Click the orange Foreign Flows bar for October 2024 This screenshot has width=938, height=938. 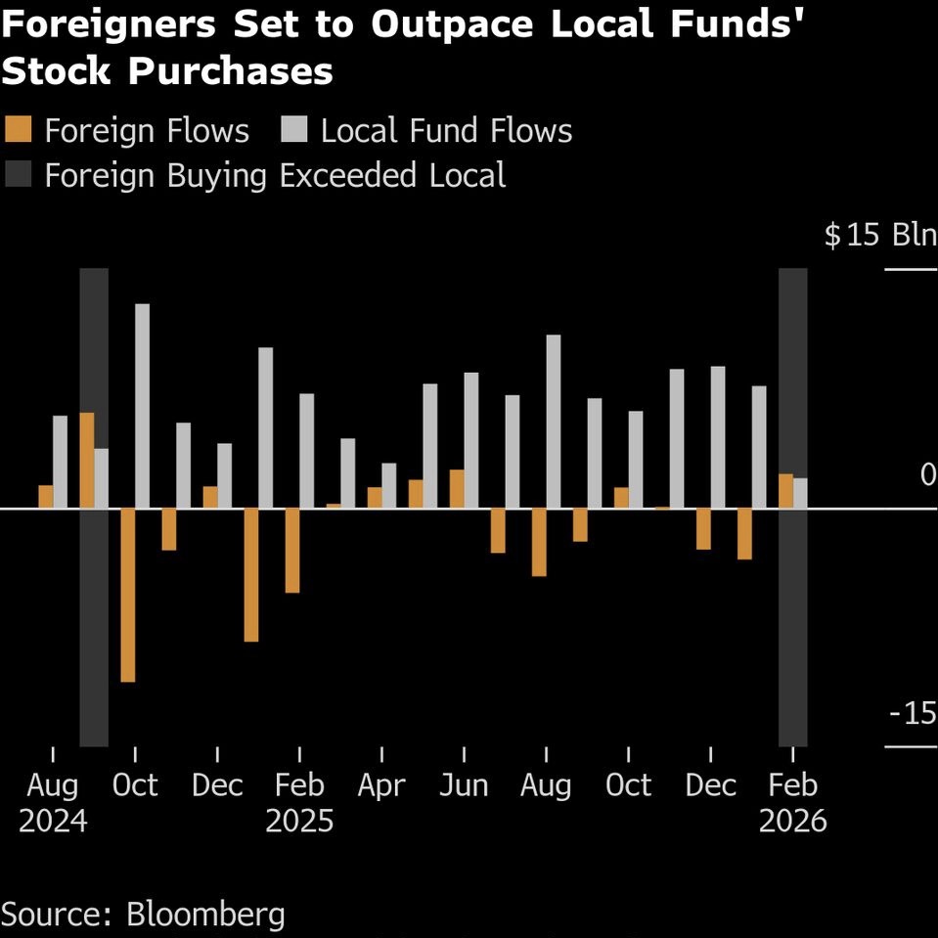pyautogui.click(x=127, y=595)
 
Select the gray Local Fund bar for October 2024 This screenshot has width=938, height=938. pyautogui.click(x=143, y=406)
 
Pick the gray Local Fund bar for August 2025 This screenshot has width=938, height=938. pyautogui.click(x=554, y=422)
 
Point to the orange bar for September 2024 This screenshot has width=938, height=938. pyautogui.click(x=87, y=460)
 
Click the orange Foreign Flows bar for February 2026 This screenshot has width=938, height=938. pyautogui.click(x=785, y=491)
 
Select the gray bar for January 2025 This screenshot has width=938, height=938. pyautogui.click(x=266, y=427)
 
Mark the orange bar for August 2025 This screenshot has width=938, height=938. pyautogui.click(x=539, y=542)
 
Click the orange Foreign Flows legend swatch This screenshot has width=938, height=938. pyautogui.click(x=19, y=131)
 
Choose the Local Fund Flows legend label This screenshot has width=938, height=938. pyautogui.click(x=446, y=131)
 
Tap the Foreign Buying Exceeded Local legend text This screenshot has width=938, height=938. pyautogui.click(x=275, y=176)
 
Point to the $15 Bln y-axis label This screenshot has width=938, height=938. pyautogui.click(x=879, y=236)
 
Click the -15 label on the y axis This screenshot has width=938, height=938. pyautogui.click(x=913, y=714)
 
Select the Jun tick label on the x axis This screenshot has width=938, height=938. pyautogui.click(x=464, y=785)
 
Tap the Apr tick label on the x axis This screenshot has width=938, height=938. pyautogui.click(x=381, y=785)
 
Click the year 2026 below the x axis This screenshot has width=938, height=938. pyautogui.click(x=793, y=820)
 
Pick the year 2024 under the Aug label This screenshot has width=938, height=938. pyautogui.click(x=53, y=820)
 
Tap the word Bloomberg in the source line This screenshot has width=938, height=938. pyautogui.click(x=205, y=915)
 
